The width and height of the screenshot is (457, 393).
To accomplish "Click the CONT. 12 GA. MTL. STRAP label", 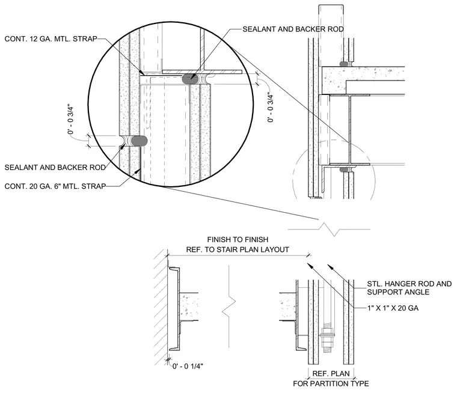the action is pyautogui.click(x=51, y=38).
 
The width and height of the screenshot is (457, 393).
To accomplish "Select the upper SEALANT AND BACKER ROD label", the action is pyautogui.click(x=293, y=29).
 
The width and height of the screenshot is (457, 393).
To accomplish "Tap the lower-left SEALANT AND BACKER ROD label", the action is pyautogui.click(x=55, y=168).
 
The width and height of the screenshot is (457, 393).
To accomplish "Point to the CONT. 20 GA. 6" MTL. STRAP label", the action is pyautogui.click(x=55, y=186).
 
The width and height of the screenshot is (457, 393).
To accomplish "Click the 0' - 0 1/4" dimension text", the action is pyautogui.click(x=188, y=366).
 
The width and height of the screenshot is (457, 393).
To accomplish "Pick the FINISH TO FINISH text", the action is pyautogui.click(x=238, y=240).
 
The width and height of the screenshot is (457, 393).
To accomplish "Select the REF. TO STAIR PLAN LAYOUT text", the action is pyautogui.click(x=238, y=249).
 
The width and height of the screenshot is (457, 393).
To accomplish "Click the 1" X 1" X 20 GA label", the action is pyautogui.click(x=393, y=308).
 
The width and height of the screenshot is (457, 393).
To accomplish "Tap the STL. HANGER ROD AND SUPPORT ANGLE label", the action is pyautogui.click(x=409, y=288).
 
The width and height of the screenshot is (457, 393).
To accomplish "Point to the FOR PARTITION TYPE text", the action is pyautogui.click(x=331, y=383).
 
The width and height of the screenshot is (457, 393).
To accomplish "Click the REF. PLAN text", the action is pyautogui.click(x=331, y=374).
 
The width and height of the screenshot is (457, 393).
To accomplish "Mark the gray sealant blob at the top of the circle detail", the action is pyautogui.click(x=191, y=78).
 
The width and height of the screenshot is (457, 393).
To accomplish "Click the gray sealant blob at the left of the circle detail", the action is pyautogui.click(x=139, y=141).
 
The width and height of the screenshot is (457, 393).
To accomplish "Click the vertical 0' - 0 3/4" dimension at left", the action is pyautogui.click(x=70, y=119).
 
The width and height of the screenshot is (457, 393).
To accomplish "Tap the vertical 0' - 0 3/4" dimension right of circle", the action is pyautogui.click(x=271, y=108).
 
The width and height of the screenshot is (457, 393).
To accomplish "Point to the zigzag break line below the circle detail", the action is pyautogui.click(x=329, y=229).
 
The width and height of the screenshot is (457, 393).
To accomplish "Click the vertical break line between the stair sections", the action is pyautogui.click(x=229, y=306).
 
